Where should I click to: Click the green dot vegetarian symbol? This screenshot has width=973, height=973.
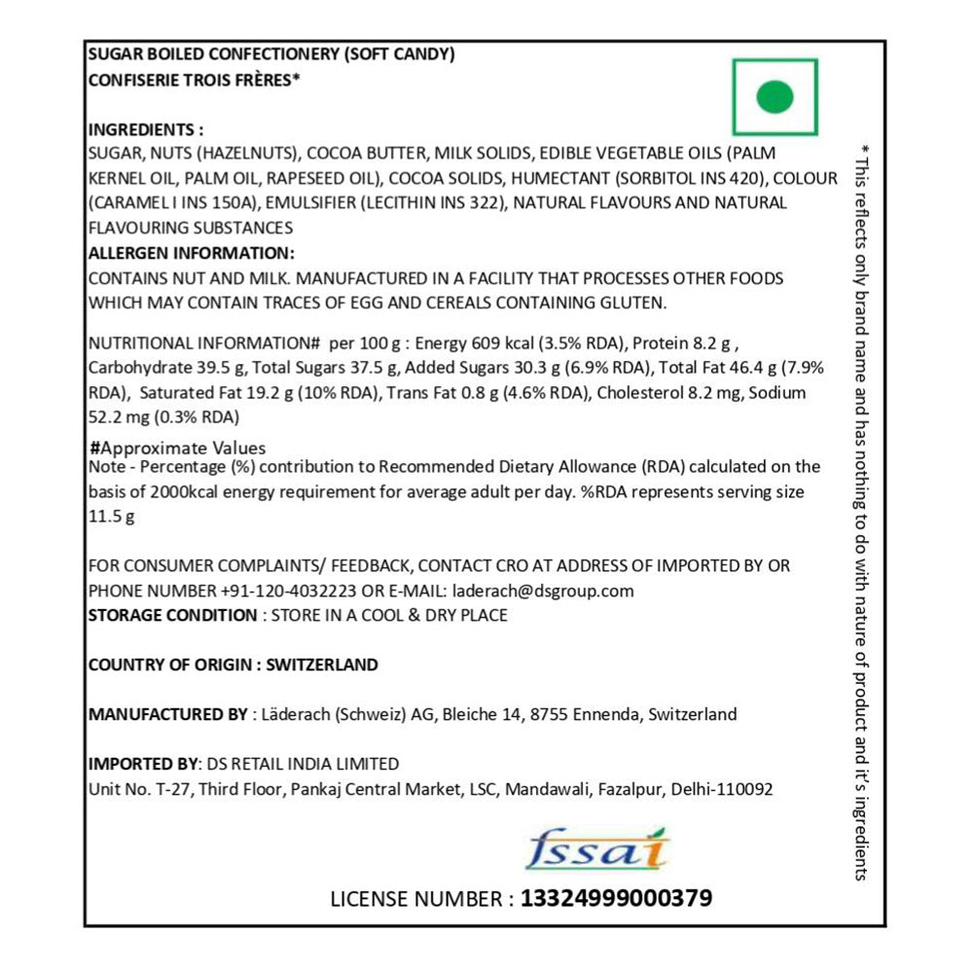775,96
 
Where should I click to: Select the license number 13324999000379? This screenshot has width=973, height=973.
616,897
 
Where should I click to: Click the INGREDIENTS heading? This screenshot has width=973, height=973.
146,129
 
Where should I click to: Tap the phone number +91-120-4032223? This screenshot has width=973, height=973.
289,591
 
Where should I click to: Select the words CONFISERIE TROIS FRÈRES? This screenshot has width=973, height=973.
191,81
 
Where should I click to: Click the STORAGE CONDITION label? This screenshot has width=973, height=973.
172,615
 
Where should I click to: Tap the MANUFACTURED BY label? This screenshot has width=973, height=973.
167,714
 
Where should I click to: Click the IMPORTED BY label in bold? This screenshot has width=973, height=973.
142,764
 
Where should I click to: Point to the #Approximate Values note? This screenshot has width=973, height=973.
177,449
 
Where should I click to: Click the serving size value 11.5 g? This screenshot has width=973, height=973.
111,517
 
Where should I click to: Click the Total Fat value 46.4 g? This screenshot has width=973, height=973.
768,368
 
